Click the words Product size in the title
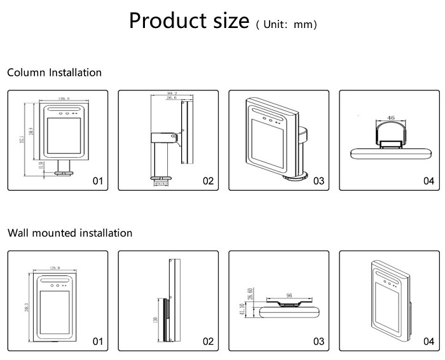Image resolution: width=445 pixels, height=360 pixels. (x=189, y=20)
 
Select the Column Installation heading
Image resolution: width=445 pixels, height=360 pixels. (x=54, y=73)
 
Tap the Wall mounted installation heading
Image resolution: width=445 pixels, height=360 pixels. (x=70, y=233)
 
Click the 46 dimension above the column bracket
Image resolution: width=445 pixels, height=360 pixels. (x=390, y=118)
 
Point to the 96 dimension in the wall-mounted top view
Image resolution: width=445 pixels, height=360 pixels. (x=289, y=294)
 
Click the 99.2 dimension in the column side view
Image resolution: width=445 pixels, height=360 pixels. (x=170, y=93)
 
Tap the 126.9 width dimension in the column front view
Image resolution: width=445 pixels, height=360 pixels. (x=64, y=99)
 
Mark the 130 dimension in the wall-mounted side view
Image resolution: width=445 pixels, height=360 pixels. (x=155, y=319)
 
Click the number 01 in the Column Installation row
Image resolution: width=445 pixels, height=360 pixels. (x=98, y=181)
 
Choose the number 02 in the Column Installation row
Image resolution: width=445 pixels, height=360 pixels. (x=208, y=181)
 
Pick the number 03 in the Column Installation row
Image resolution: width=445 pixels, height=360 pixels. (x=318, y=181)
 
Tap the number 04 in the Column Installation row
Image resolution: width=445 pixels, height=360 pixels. (x=428, y=181)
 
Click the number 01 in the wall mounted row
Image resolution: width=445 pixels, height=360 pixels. (x=98, y=342)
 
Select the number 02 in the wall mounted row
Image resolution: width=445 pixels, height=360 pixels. (x=208, y=342)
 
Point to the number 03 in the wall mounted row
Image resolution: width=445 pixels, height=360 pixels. (x=318, y=342)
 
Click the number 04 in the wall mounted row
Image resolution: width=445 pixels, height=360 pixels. (x=428, y=342)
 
